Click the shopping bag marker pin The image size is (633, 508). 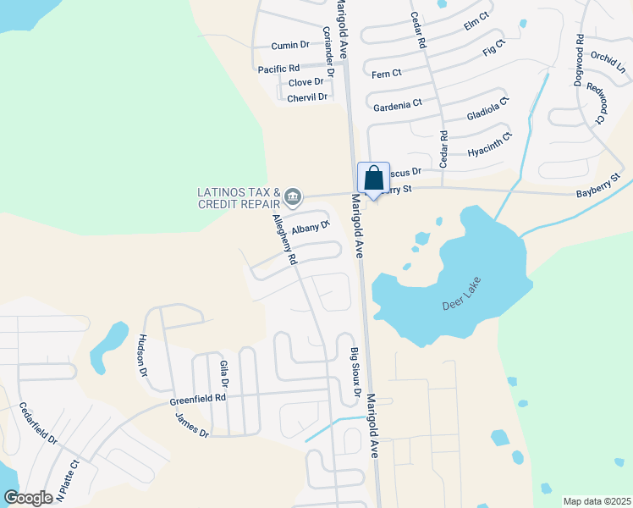click(x=373, y=179)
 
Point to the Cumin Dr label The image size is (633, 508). click(x=290, y=45)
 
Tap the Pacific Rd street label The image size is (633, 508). click(x=279, y=69)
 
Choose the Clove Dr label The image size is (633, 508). click(x=306, y=82)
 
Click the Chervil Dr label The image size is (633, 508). click(x=307, y=97)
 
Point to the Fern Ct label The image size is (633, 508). click(x=387, y=73)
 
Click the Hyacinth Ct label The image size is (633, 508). click(x=490, y=146)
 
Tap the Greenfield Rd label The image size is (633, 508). click(x=197, y=396)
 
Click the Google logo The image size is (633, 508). click(x=27, y=498)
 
